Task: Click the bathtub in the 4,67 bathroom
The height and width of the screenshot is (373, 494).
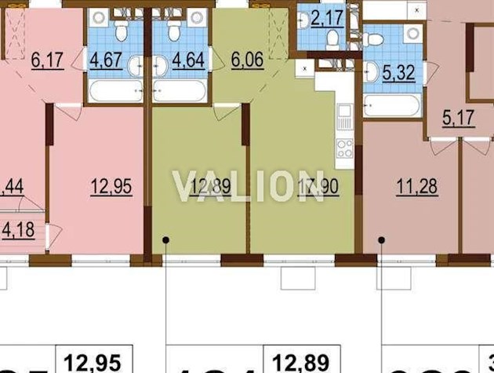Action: (115, 90)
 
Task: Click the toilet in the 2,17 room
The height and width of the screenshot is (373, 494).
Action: (332, 38)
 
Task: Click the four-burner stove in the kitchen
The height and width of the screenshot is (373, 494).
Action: (344, 147)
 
